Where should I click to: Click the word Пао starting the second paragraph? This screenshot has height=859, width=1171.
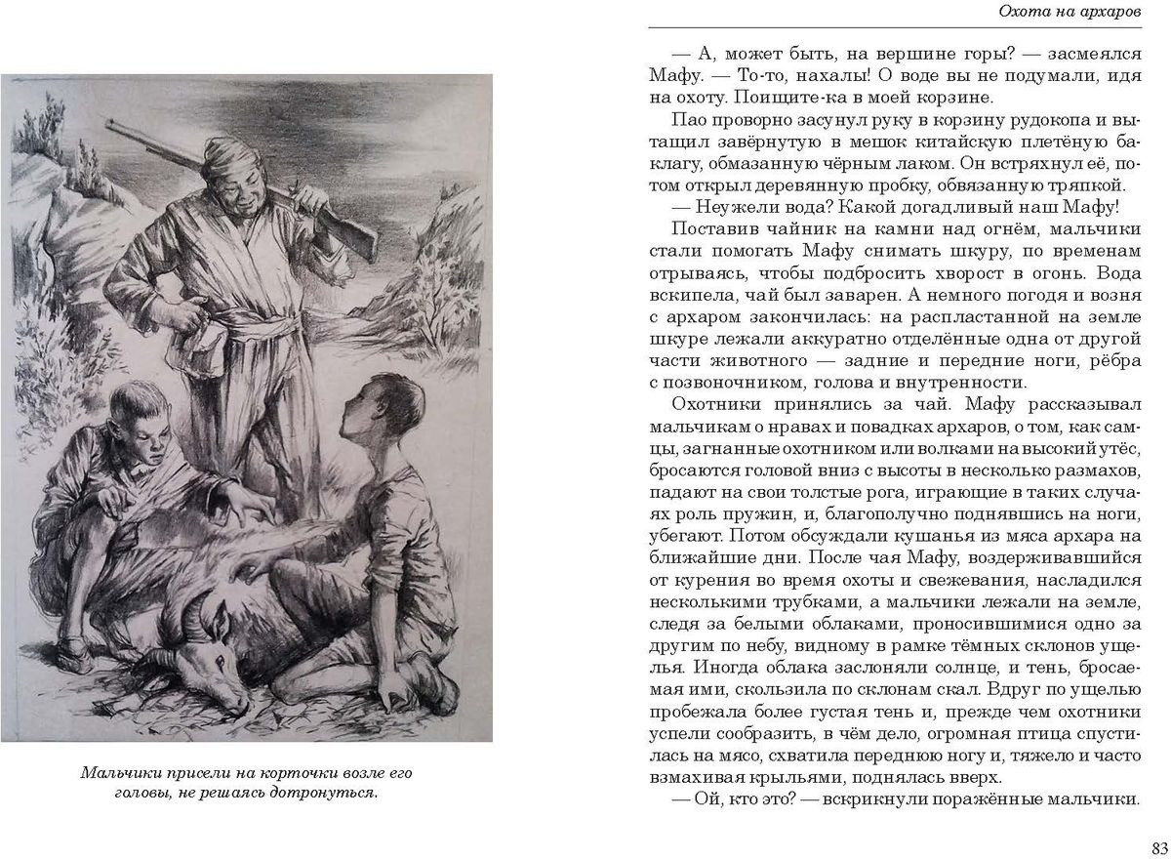click(688, 120)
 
